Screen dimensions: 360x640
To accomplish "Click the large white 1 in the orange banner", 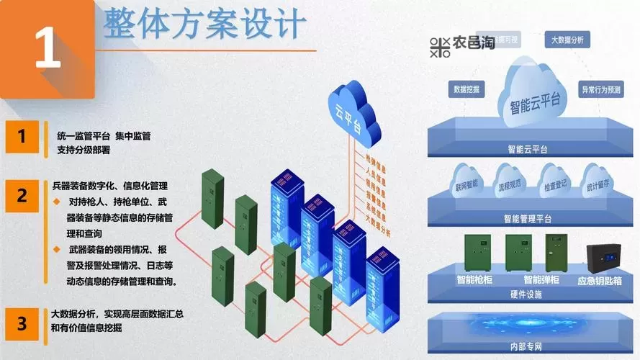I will point(47,49).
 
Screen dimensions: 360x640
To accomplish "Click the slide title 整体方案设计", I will point(205,25).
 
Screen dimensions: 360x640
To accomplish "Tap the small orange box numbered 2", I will point(22,195).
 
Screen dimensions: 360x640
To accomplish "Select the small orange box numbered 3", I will point(22,323).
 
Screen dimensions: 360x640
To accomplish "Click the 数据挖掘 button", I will point(468,89).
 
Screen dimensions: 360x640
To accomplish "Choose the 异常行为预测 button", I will point(601,91).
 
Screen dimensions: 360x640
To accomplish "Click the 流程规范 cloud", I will point(510,185).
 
